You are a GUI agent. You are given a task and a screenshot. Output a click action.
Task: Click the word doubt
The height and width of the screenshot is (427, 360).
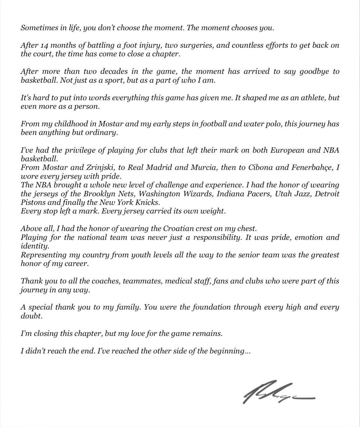point(31,316)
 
